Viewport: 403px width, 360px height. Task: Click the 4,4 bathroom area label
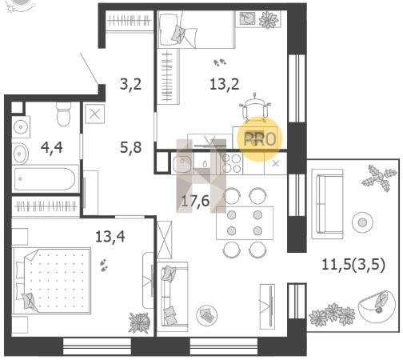click(x=52, y=147)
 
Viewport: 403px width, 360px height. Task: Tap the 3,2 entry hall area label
click(x=130, y=84)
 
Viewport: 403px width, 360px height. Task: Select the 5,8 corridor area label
click(x=130, y=147)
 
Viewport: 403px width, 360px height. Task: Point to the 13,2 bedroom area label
click(x=224, y=84)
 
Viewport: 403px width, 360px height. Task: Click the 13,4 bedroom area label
click(x=110, y=236)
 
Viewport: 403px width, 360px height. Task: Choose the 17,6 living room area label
click(x=195, y=201)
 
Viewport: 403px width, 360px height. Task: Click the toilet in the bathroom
click(x=64, y=114)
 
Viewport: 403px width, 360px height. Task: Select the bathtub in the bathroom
click(x=46, y=179)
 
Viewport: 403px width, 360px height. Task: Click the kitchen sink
click(x=182, y=164)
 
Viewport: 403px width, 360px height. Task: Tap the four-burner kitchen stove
click(x=232, y=163)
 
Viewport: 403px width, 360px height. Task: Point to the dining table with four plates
click(x=245, y=223)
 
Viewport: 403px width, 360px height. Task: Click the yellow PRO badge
click(x=260, y=139)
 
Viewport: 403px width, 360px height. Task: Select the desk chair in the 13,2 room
click(x=255, y=109)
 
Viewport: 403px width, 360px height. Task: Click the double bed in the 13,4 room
click(x=52, y=281)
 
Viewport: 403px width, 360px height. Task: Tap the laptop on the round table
click(x=207, y=315)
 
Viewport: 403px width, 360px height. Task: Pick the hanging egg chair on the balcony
click(x=376, y=306)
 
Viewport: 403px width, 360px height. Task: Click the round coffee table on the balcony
click(x=362, y=222)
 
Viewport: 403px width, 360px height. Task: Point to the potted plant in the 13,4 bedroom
click(x=139, y=322)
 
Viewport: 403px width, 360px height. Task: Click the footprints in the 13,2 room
click(x=220, y=63)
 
